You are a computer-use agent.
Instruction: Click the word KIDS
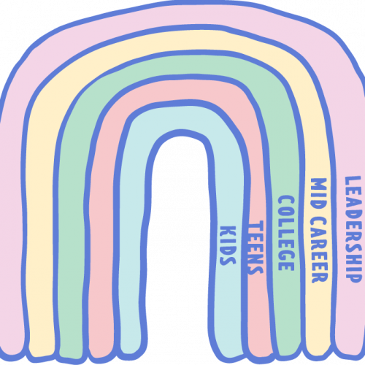click(x=228, y=245)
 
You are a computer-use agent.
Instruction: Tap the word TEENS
click(x=255, y=247)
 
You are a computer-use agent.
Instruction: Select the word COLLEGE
click(x=286, y=233)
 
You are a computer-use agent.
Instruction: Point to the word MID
click(x=319, y=194)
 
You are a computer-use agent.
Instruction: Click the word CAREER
click(x=320, y=250)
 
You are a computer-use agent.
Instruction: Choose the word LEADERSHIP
click(x=353, y=229)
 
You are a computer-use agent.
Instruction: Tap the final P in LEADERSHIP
click(x=353, y=277)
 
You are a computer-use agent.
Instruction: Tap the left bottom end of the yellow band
click(x=42, y=352)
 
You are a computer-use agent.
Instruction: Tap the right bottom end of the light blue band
click(x=230, y=354)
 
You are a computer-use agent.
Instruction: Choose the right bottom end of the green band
click(x=289, y=352)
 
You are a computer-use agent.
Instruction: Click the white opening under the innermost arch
click(x=180, y=243)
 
